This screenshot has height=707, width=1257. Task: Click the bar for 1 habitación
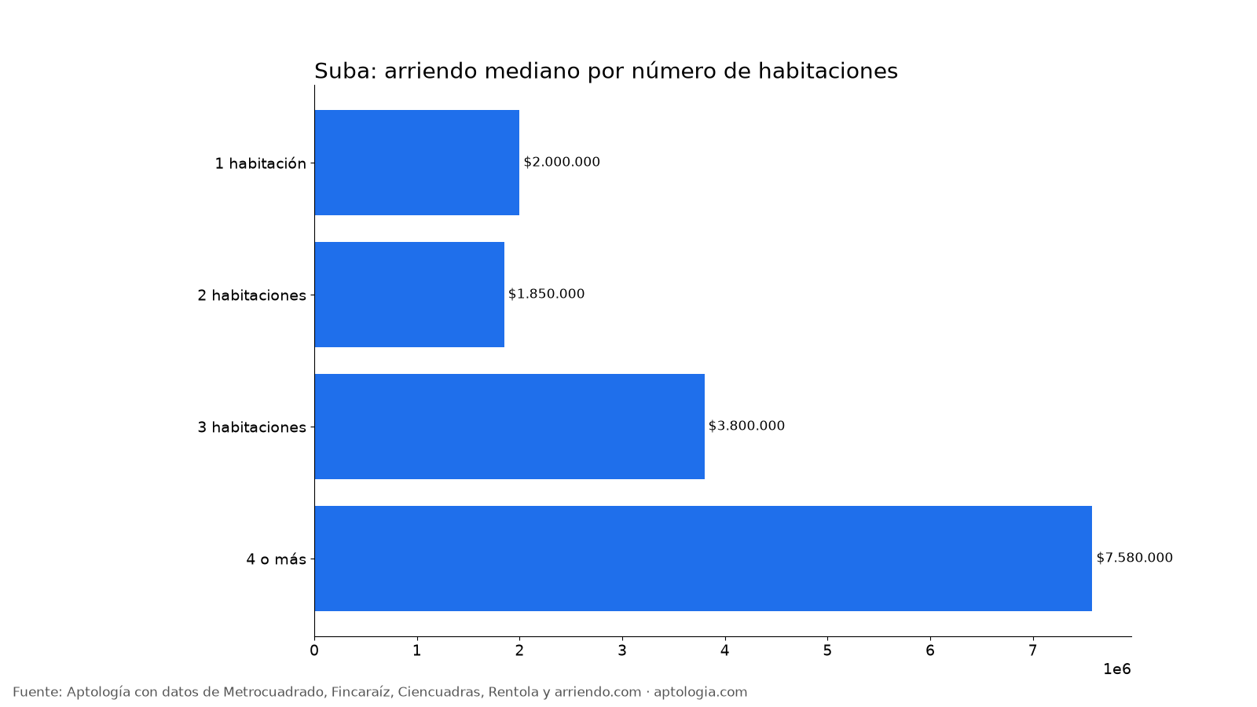pos(417,163)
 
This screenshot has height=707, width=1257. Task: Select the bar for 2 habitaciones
pos(409,295)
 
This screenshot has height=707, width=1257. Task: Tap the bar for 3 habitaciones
pos(510,427)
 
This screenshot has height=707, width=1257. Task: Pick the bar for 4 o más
pos(703,559)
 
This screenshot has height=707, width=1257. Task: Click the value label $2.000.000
pos(562,162)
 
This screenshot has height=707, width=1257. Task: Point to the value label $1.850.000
pos(547,294)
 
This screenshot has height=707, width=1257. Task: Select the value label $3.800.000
pos(746,426)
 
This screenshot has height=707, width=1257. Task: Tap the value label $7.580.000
pos(1134,558)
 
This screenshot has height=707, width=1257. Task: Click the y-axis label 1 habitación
pos(261,163)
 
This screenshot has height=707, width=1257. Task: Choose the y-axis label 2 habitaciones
pos(252,295)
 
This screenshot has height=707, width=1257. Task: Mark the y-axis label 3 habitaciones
pos(252,427)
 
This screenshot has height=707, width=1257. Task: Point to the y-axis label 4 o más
pos(276,559)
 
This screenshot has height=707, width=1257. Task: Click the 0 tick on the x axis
pos(314,651)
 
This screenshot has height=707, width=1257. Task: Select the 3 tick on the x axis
pos(622,651)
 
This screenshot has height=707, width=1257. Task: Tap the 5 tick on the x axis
pos(828,651)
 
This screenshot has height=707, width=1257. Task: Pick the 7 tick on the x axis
pos(1032,651)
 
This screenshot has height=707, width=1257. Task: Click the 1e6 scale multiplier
pos(1117,669)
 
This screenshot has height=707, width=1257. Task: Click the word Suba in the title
pos(342,71)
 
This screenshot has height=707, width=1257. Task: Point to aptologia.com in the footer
pos(700,692)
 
